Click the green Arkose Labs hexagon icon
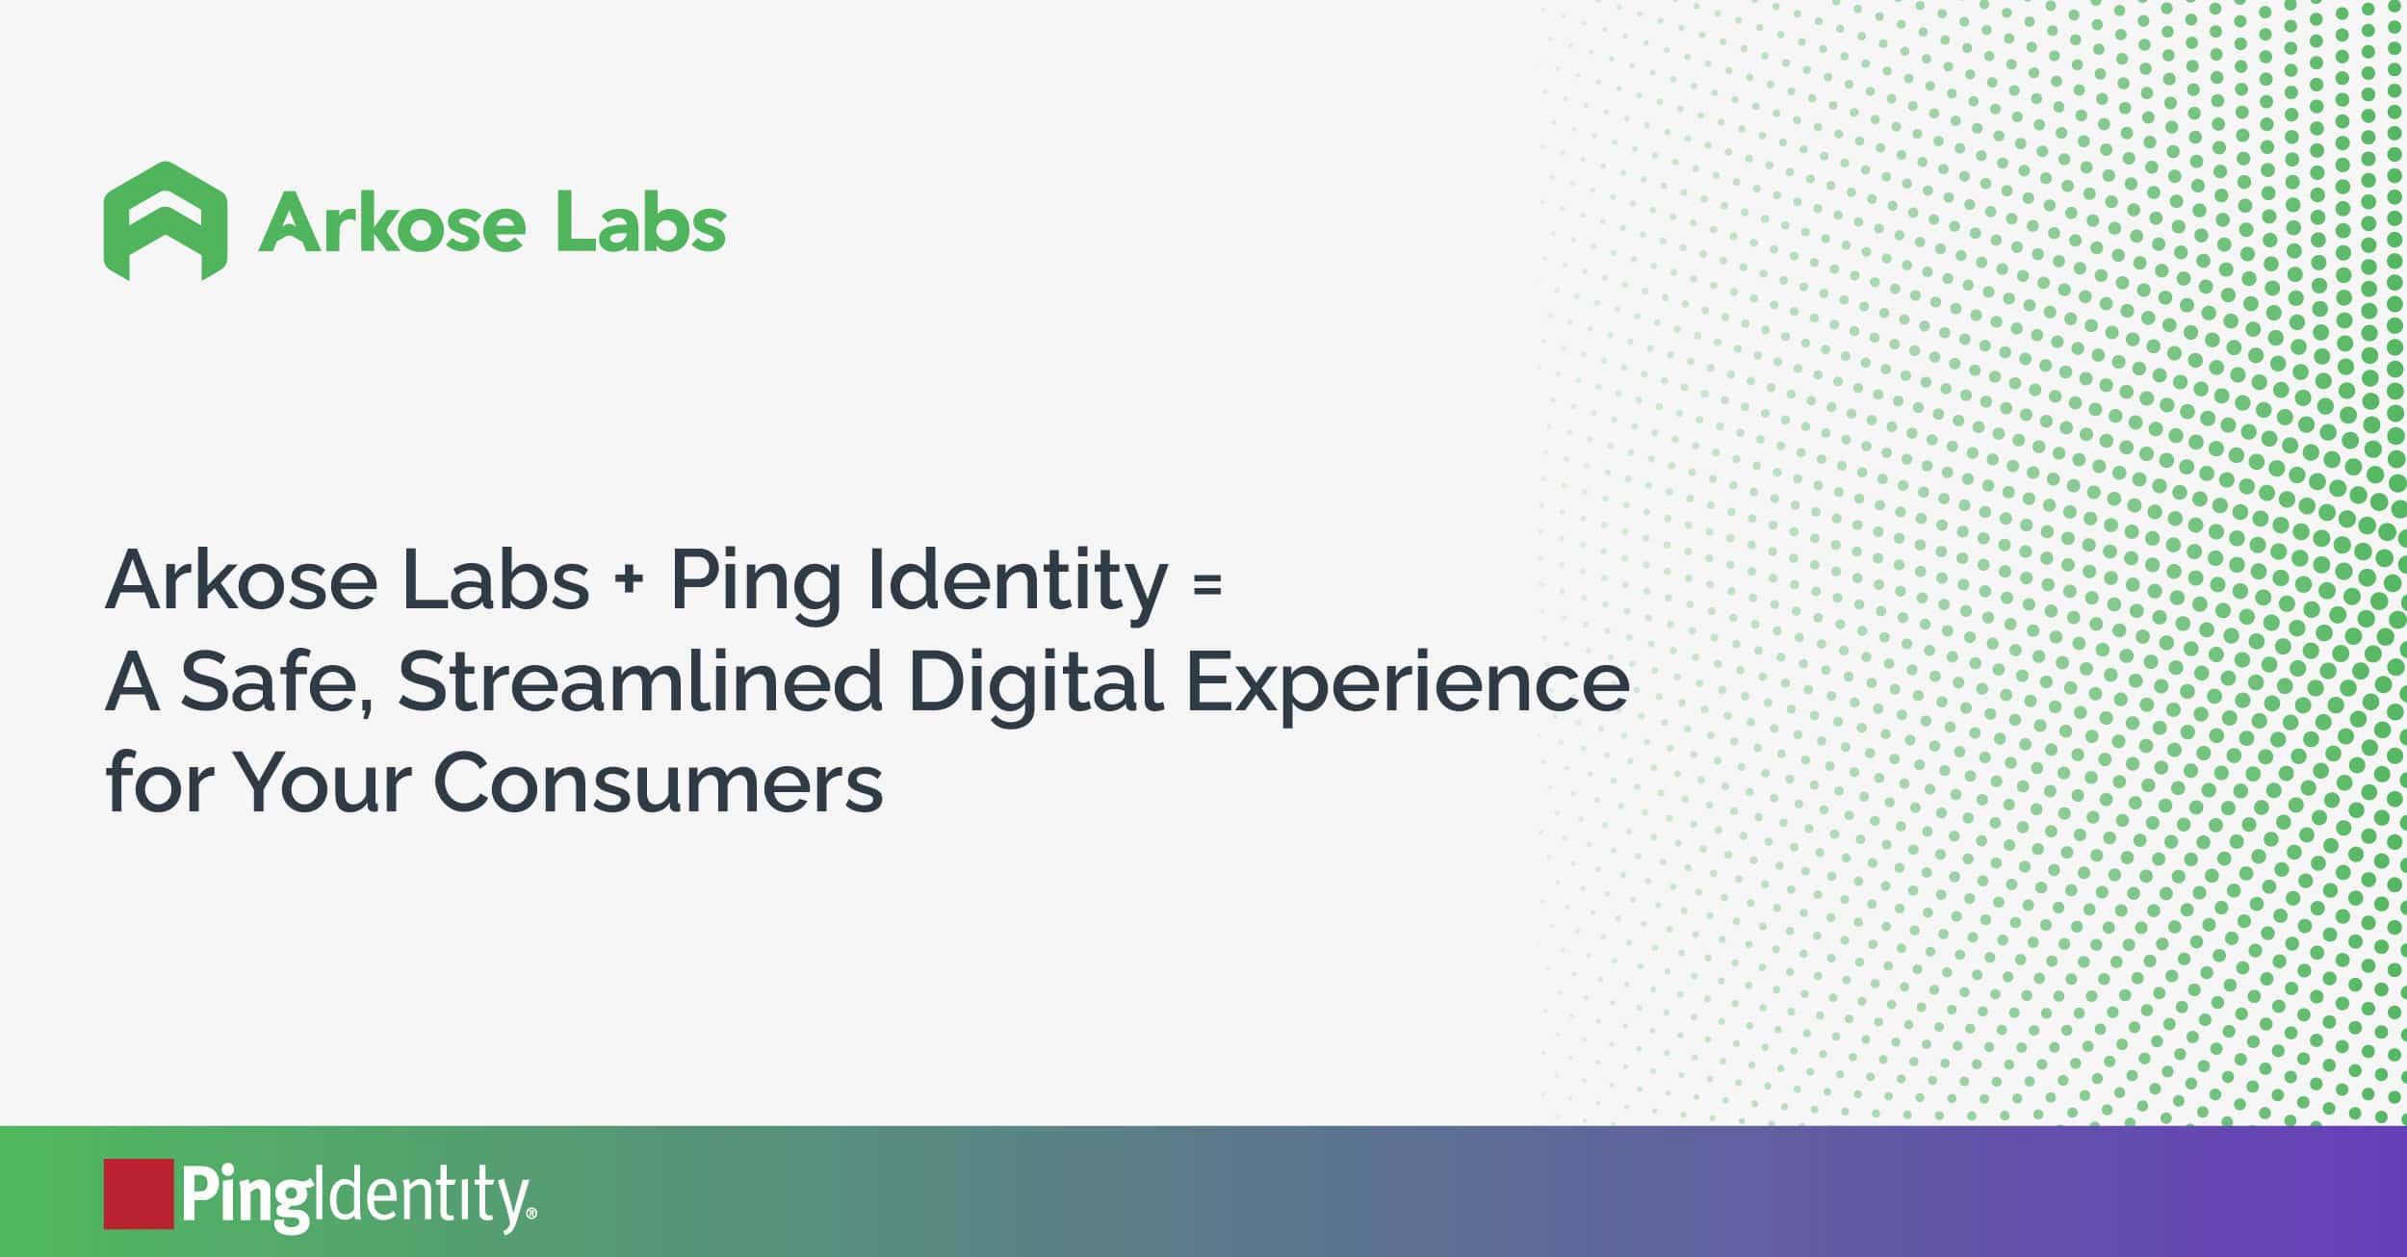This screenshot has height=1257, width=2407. (x=166, y=221)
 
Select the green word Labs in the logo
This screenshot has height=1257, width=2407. (x=641, y=221)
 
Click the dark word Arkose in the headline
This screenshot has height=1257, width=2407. (x=241, y=579)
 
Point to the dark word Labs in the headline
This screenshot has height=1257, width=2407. (x=495, y=579)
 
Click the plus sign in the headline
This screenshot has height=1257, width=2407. (x=630, y=583)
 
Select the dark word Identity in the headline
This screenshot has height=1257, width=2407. (x=1019, y=586)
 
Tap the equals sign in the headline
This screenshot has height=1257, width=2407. (x=1207, y=583)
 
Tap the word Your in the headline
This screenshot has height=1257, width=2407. (x=324, y=782)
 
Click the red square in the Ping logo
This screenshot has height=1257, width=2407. (x=139, y=1193)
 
